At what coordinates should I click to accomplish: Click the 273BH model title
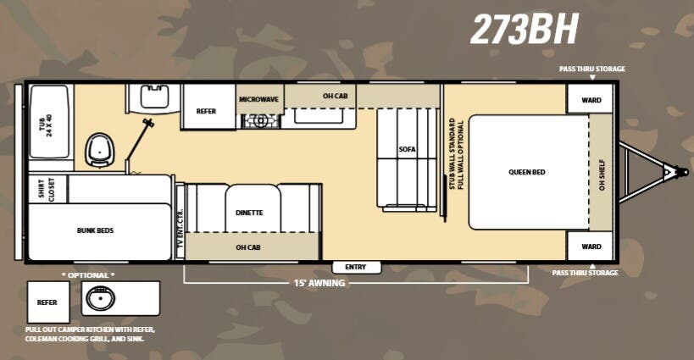[x=525, y=29]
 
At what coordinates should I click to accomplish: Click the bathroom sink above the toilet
[x=154, y=97]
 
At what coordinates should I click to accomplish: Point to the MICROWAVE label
[x=258, y=99]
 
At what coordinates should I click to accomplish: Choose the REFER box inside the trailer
[x=206, y=111]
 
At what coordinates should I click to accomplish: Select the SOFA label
[x=408, y=149]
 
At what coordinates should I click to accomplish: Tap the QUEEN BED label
[x=526, y=172]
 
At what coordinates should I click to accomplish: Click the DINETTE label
[x=249, y=213]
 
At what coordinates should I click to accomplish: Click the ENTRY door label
[x=355, y=267]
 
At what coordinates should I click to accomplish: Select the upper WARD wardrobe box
[x=591, y=99]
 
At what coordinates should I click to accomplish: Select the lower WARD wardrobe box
[x=591, y=246]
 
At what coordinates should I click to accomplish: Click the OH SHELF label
[x=602, y=172]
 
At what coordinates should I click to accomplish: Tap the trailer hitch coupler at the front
[x=669, y=172]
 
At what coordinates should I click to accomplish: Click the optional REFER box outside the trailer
[x=47, y=302]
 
